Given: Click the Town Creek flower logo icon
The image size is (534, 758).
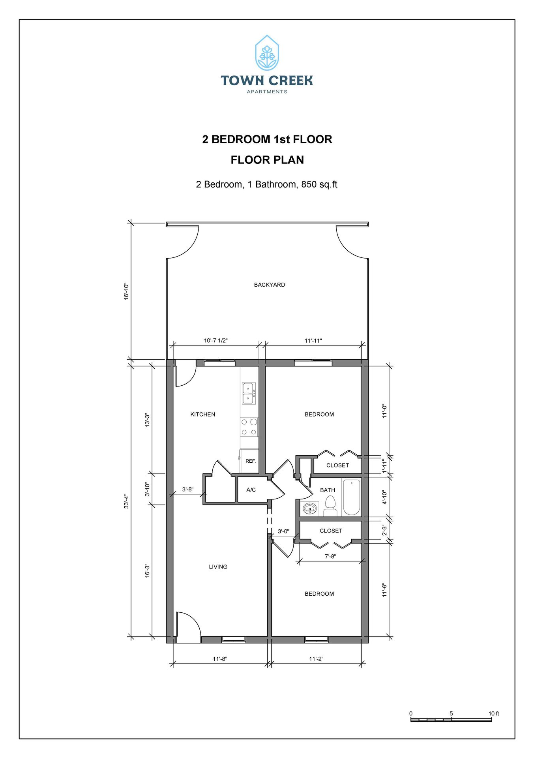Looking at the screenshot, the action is (x=267, y=53).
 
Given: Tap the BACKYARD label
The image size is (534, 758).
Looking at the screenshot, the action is (x=269, y=285).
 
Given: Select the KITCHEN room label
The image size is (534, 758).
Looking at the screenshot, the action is (x=203, y=414).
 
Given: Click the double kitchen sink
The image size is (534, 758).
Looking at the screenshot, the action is (x=249, y=393).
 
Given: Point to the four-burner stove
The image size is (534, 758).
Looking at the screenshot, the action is (x=249, y=427).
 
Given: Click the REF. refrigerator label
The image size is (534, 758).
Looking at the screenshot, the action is (x=251, y=461).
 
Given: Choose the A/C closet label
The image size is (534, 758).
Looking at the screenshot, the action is (x=251, y=490).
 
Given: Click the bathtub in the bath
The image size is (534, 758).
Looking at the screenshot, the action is (x=351, y=497).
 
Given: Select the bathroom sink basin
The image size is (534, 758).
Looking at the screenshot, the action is (x=310, y=508).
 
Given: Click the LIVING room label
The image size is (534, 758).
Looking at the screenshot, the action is (x=218, y=567).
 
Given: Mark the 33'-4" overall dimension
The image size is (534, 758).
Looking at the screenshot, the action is (x=127, y=501).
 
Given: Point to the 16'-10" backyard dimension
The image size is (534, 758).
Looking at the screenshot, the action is (x=127, y=291).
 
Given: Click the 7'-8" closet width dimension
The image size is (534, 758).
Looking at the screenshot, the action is (x=330, y=556).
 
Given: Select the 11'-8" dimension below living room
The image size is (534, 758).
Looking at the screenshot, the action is (x=220, y=659).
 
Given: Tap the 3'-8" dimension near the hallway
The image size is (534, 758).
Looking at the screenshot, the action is (x=187, y=489).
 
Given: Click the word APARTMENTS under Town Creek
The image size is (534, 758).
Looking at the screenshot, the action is (x=267, y=92).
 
